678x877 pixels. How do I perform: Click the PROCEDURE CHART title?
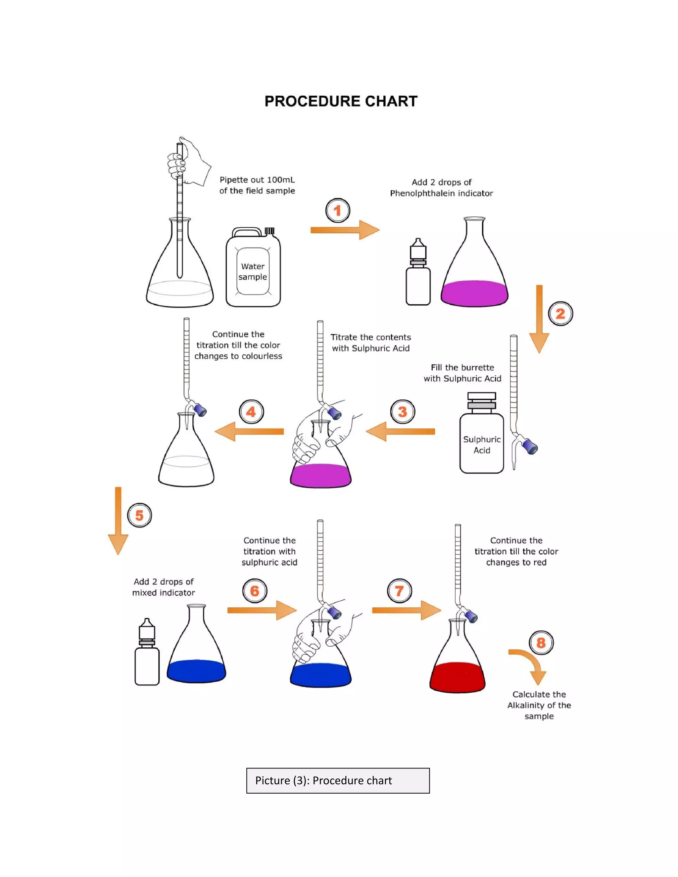pyautogui.click(x=341, y=101)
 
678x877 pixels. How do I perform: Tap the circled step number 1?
pyautogui.click(x=337, y=210)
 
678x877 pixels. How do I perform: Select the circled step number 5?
pyautogui.click(x=139, y=515)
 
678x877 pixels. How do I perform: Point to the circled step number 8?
pyautogui.click(x=541, y=642)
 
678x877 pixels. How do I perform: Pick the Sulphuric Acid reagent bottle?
pyautogui.click(x=482, y=438)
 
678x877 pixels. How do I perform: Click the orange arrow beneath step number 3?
pyautogui.click(x=401, y=432)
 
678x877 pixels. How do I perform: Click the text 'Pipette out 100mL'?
pyautogui.click(x=257, y=180)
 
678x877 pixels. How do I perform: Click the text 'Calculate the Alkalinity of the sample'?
pyautogui.click(x=539, y=705)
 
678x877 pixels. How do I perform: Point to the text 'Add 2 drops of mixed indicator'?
pyautogui.click(x=164, y=587)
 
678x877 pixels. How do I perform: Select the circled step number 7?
pyautogui.click(x=399, y=591)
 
